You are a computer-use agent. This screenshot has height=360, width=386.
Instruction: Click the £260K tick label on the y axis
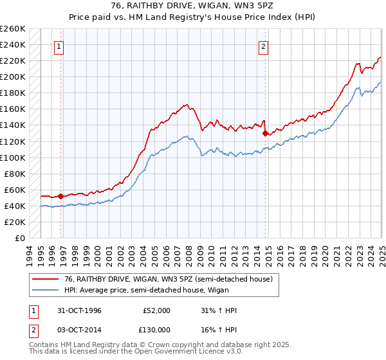[x=13, y=29]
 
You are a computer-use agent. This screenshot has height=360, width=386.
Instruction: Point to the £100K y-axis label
[x=13, y=157]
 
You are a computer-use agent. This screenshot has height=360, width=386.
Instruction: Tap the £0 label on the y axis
[x=20, y=238]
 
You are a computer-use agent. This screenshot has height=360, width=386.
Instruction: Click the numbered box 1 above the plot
[x=59, y=46]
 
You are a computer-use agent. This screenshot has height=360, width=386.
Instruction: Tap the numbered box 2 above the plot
[x=264, y=46]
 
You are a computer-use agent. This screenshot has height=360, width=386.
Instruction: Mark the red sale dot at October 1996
[x=61, y=196]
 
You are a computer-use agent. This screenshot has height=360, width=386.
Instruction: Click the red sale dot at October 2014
[x=265, y=134]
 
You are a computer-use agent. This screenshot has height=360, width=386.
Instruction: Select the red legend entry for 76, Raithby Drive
[x=161, y=279]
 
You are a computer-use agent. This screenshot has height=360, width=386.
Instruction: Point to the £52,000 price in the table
[x=156, y=310]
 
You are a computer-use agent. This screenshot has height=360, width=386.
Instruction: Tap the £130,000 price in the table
[x=155, y=329]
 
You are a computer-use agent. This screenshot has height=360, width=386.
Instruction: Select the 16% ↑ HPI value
[x=219, y=329]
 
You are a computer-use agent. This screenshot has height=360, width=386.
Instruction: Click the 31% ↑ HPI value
[x=219, y=310]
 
